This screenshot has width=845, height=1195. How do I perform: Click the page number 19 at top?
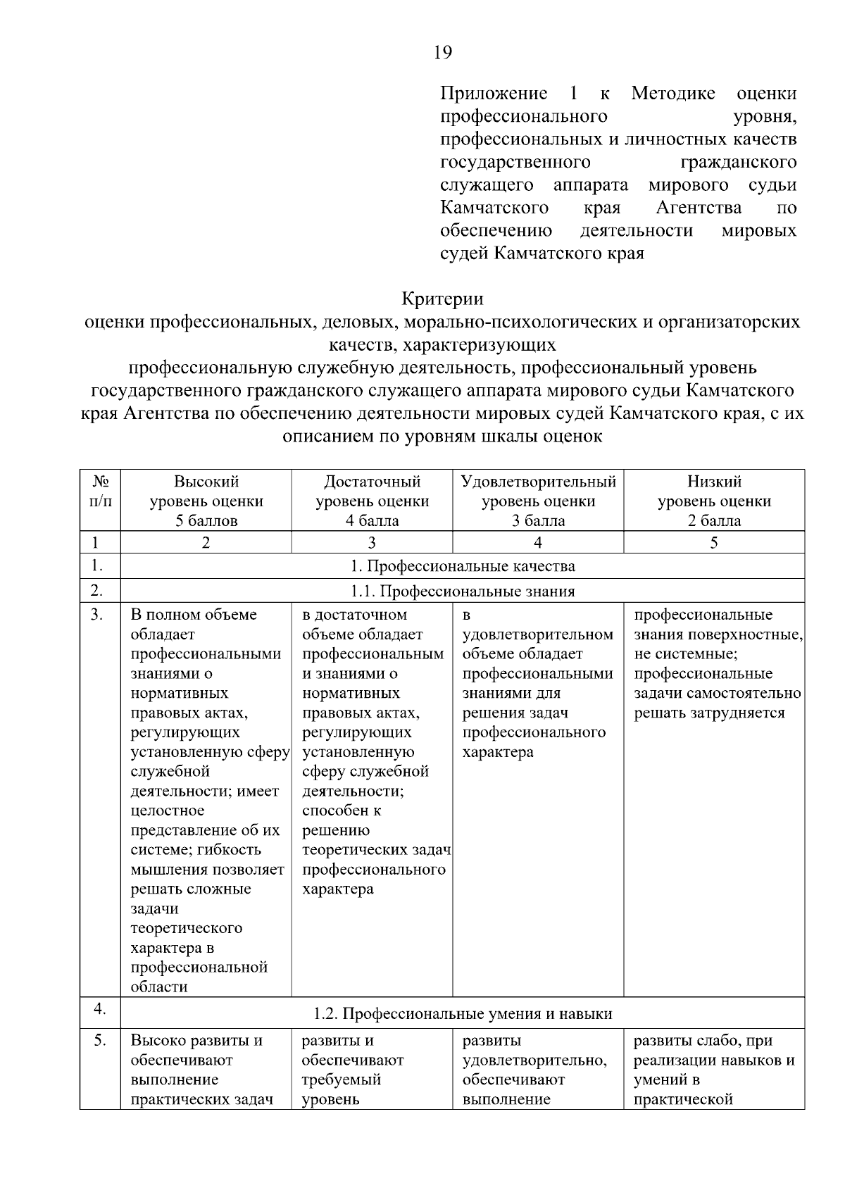(443, 53)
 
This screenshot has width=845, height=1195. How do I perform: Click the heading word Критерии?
(442, 299)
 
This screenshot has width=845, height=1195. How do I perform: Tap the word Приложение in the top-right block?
(493, 94)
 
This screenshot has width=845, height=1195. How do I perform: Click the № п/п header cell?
(100, 492)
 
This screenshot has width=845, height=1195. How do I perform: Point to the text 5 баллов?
(206, 521)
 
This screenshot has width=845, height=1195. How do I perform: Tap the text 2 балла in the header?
(714, 521)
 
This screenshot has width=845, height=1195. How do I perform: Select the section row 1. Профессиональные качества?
(462, 566)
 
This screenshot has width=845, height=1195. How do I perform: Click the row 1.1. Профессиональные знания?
(462, 592)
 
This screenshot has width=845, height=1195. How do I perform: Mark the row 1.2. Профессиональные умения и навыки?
(462, 1014)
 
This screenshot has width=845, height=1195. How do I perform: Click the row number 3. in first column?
(97, 615)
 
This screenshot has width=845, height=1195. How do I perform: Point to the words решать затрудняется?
(709, 713)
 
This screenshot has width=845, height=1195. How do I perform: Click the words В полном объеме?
(194, 615)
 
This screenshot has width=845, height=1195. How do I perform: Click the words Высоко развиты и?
(196, 1041)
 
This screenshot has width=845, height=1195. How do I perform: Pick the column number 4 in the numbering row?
(538, 543)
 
